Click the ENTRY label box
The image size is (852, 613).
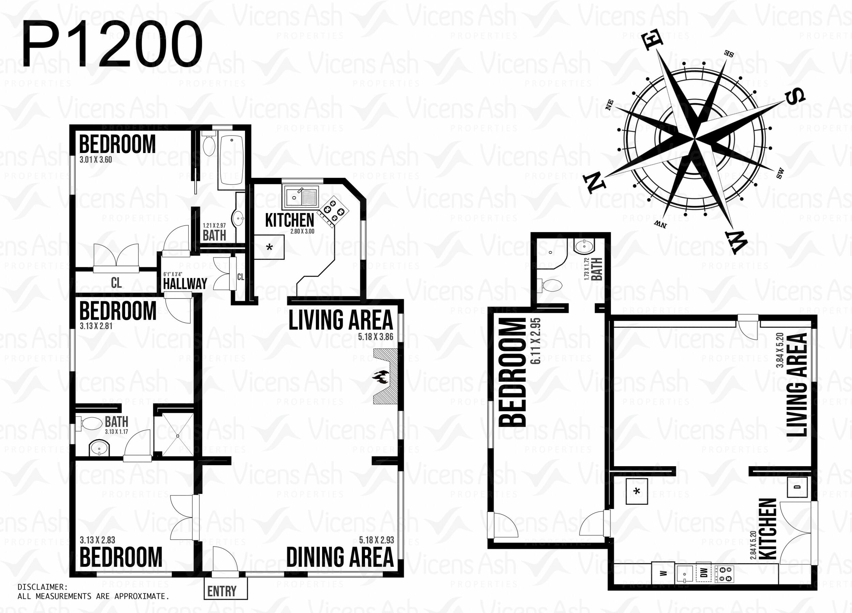point(225,588)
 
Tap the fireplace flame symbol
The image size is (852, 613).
point(381,377)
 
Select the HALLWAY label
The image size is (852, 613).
point(185,283)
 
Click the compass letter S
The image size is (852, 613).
point(795,97)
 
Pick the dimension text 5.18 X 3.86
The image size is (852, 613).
point(375,337)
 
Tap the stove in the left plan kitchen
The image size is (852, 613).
point(333,212)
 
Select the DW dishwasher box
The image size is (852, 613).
point(704,572)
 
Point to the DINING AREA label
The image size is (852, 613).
point(340,557)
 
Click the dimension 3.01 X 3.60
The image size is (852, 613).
point(95,159)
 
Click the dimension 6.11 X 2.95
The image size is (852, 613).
point(535,341)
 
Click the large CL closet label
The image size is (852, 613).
point(117,283)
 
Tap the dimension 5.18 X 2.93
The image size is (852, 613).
point(376,540)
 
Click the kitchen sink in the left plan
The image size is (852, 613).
point(301,197)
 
